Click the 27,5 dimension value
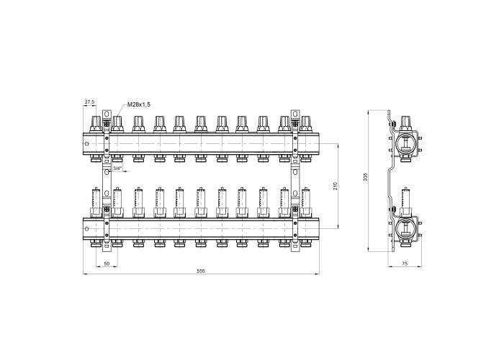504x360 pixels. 89,102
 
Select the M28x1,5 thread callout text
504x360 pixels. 139,104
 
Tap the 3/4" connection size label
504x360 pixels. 117,168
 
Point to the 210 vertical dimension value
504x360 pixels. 336,186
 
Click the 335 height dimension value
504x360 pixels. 366,177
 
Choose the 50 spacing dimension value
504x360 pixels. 107,264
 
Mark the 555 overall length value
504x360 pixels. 201,271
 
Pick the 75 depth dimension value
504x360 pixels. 405,264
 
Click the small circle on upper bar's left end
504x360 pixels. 86,143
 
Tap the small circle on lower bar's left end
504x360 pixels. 86,229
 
